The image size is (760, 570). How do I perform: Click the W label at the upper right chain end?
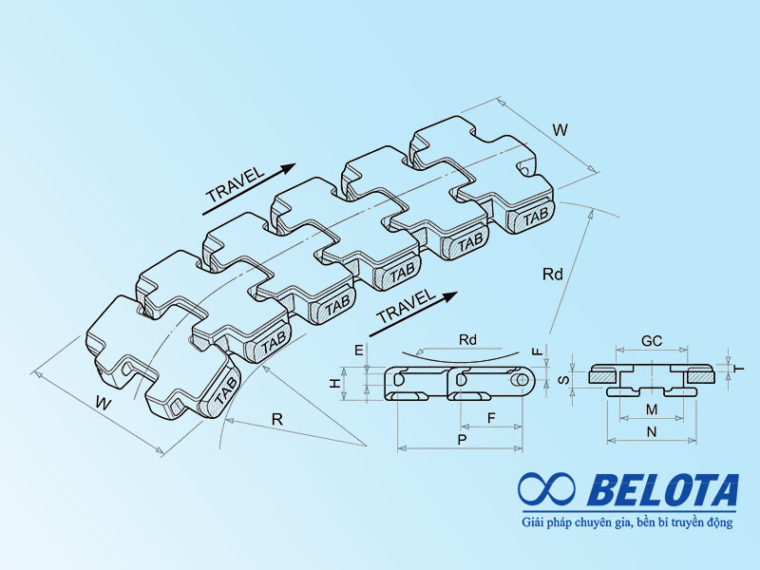[x=560, y=130]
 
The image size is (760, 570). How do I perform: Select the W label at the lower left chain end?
[x=104, y=402]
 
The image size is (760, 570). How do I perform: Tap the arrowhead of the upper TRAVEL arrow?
[x=288, y=168]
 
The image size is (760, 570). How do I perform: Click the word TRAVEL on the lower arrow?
[x=405, y=306]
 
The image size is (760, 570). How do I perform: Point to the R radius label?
[x=276, y=419]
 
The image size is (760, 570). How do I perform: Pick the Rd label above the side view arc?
[x=467, y=340]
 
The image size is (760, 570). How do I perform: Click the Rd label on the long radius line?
[x=553, y=275]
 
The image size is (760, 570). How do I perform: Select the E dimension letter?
[x=359, y=350]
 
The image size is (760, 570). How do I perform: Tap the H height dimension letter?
[x=335, y=383]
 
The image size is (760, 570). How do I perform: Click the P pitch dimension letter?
[x=462, y=440]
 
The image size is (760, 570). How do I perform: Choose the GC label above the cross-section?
[x=652, y=341]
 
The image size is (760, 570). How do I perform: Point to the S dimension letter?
[x=564, y=378]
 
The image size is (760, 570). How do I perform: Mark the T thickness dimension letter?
[x=739, y=369]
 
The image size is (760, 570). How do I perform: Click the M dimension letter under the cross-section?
[x=652, y=409]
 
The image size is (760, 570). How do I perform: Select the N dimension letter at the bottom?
[x=652, y=431]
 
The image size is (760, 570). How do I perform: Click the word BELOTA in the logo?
[x=663, y=490]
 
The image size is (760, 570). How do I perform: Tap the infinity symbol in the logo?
[x=547, y=488]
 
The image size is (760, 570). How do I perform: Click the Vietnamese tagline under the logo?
[x=627, y=522]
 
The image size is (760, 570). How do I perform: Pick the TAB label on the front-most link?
[x=225, y=391]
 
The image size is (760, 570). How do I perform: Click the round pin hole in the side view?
[x=522, y=379]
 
